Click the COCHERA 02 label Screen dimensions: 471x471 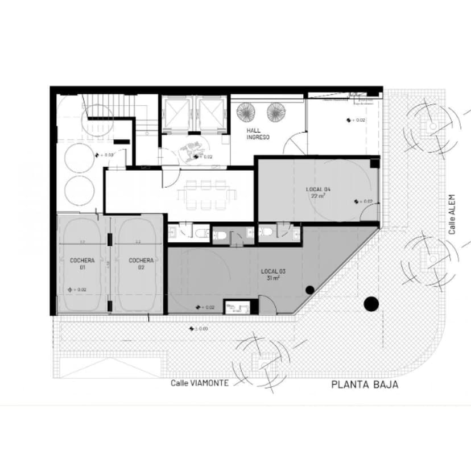141,263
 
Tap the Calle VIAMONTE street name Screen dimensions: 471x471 200,383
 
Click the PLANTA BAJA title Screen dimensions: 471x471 365,385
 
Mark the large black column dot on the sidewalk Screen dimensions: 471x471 371,304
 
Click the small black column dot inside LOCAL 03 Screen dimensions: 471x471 309,290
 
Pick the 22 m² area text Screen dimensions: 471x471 317,196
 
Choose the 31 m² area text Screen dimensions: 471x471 272,279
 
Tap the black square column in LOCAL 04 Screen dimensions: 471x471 374,163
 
